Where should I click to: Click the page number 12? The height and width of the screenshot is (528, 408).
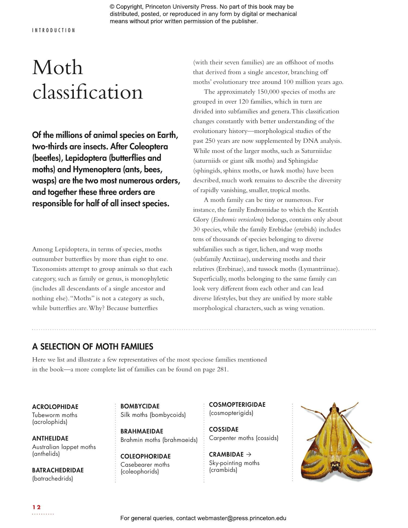(x=36, y=507)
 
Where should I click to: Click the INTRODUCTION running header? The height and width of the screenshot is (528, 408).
(x=54, y=30)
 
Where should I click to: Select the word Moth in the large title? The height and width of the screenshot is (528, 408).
(x=57, y=68)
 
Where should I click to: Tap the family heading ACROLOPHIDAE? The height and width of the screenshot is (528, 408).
(x=55, y=407)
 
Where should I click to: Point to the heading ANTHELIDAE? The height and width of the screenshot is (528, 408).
(x=50, y=438)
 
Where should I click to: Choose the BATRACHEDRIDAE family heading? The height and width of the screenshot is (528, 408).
(x=58, y=470)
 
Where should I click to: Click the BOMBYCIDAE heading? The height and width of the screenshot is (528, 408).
(x=140, y=406)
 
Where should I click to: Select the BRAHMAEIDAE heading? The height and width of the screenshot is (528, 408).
(x=142, y=431)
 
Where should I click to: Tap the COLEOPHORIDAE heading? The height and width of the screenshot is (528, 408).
(x=146, y=456)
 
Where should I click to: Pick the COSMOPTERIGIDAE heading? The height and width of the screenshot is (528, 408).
(x=237, y=405)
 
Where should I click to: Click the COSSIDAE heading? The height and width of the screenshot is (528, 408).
(x=224, y=429)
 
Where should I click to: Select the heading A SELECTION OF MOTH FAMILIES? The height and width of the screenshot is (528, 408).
(x=92, y=347)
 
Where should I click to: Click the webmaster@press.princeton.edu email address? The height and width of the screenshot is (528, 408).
(x=242, y=518)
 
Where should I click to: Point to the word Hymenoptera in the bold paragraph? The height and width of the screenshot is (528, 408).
(x=97, y=169)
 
